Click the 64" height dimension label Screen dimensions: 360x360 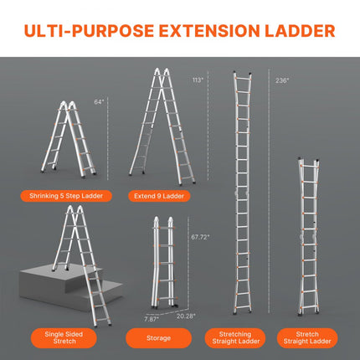(x=99, y=102)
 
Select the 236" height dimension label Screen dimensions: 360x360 (x=282, y=81)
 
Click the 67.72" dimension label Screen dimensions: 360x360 (x=198, y=238)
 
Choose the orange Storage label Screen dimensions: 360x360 (x=162, y=338)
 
